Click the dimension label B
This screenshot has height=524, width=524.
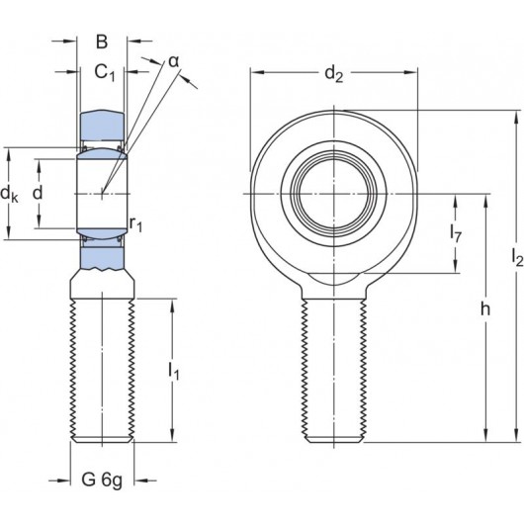tap(102, 42)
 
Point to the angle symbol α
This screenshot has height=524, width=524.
tap(174, 62)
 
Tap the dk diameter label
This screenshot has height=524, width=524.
tap(10, 193)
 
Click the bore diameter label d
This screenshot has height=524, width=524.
tap(38, 192)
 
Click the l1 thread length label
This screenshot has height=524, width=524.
tap(174, 371)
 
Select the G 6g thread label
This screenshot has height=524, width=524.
tap(103, 482)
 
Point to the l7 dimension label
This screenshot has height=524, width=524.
tap(456, 233)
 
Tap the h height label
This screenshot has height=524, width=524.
tap(484, 309)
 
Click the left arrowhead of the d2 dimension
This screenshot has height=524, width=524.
tap(254, 72)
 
